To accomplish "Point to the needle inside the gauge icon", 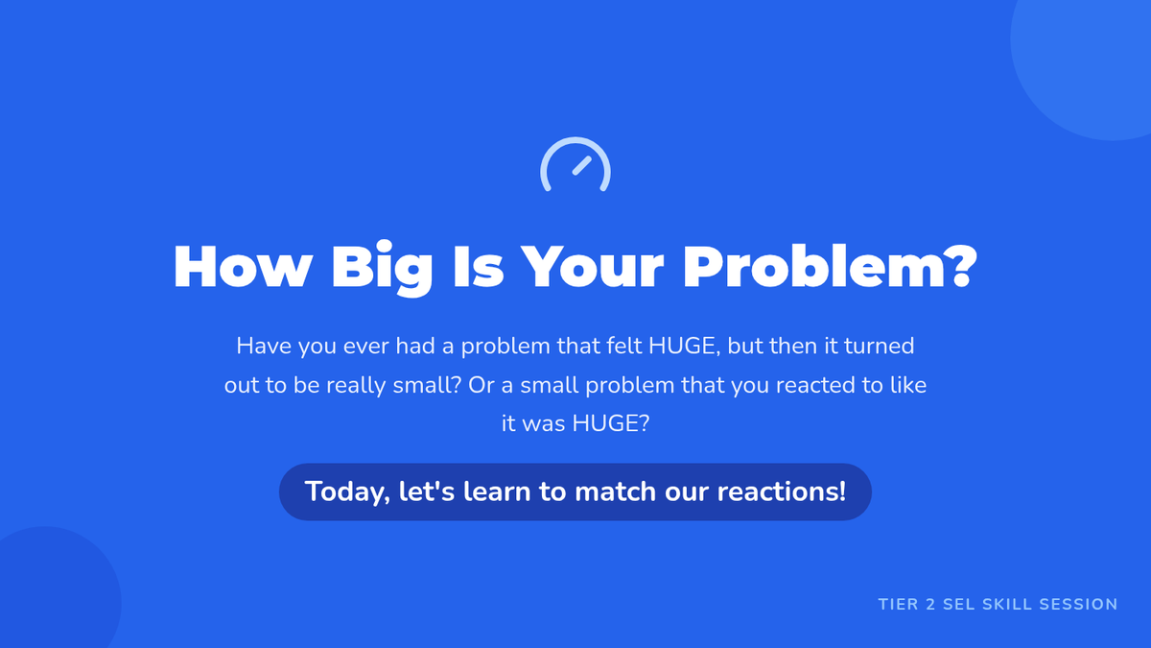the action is [x=582, y=165].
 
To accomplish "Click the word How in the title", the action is [x=243, y=267].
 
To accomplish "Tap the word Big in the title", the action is [x=383, y=270].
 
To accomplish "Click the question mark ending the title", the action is [x=960, y=265].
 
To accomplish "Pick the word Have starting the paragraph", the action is [x=264, y=347].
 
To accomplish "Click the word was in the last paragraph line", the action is [x=544, y=424].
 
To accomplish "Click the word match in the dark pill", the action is [x=616, y=492].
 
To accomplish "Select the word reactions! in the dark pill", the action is [x=782, y=492].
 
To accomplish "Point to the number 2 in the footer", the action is [x=930, y=604].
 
